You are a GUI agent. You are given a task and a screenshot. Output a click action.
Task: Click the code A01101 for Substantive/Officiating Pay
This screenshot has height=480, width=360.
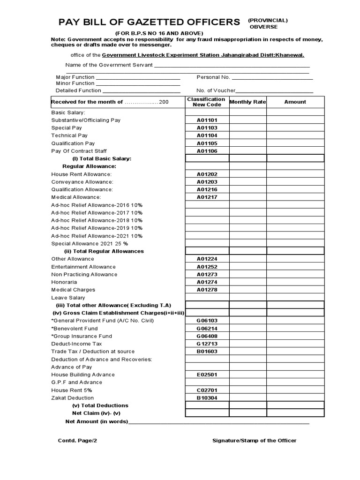tap(207, 120)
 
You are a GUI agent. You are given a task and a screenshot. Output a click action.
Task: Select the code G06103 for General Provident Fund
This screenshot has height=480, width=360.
tap(207, 321)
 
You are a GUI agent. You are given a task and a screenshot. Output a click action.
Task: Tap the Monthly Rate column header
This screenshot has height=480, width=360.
tap(247, 102)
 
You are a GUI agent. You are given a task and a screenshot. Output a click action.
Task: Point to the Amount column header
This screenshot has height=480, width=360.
tap(295, 102)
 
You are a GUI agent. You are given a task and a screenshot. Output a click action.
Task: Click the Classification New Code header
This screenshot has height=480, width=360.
tap(206, 102)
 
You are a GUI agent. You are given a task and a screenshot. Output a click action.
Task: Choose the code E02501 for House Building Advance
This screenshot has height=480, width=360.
tap(207, 375)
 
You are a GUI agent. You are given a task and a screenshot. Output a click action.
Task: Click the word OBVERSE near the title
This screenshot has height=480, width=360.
tap(263, 27)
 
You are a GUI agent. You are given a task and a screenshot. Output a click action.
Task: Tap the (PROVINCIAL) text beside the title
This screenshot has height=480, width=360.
tap(268, 20)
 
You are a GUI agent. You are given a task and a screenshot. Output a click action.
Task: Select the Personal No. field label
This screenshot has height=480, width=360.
tap(213, 77)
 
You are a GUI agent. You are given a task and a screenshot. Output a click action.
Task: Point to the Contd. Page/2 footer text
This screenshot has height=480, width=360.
tap(77, 441)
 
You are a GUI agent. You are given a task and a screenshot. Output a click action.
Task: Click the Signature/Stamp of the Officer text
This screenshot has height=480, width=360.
tap(254, 441)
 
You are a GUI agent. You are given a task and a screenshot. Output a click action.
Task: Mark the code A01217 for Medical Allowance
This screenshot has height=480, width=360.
tap(207, 197)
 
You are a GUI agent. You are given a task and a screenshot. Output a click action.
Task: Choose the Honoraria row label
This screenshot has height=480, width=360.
tap(64, 282)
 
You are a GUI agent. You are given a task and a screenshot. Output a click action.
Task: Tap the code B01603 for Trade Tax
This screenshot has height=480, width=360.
tap(207, 351)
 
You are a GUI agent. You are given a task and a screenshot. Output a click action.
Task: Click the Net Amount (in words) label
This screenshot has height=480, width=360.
tap(97, 421)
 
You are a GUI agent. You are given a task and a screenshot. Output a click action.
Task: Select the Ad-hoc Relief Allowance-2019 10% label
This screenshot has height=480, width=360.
tap(97, 228)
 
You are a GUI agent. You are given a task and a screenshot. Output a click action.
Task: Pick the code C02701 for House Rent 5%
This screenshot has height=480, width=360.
tap(207, 390)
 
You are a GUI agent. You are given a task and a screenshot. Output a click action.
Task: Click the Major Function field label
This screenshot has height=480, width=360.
tap(75, 77)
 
